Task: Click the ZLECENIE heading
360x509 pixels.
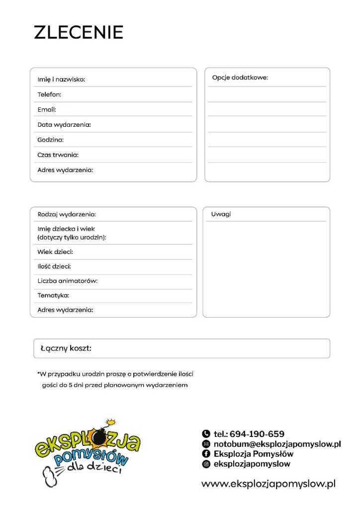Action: (x=79, y=32)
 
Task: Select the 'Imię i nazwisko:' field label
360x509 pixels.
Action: (x=61, y=80)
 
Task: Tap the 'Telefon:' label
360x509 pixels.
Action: (x=49, y=94)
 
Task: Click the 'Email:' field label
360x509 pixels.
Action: (x=47, y=109)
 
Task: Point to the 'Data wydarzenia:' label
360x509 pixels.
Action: (x=64, y=125)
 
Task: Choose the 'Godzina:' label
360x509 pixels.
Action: (x=50, y=140)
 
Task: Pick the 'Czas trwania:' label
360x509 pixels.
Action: (x=58, y=155)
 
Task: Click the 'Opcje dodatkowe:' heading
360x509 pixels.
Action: (x=240, y=78)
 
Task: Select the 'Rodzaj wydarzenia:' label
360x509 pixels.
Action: (x=67, y=214)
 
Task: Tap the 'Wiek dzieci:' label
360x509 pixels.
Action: (x=55, y=252)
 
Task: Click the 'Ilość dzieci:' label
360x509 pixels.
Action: (x=54, y=266)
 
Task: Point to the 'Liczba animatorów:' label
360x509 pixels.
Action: (x=67, y=281)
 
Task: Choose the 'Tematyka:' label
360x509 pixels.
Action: (x=53, y=295)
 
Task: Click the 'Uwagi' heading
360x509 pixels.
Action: (x=221, y=214)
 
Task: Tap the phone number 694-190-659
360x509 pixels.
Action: (x=257, y=434)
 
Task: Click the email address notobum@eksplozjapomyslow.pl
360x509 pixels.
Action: (x=277, y=444)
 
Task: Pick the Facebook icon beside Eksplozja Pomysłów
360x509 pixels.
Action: (x=206, y=454)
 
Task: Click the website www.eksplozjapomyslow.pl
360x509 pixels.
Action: (x=269, y=484)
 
